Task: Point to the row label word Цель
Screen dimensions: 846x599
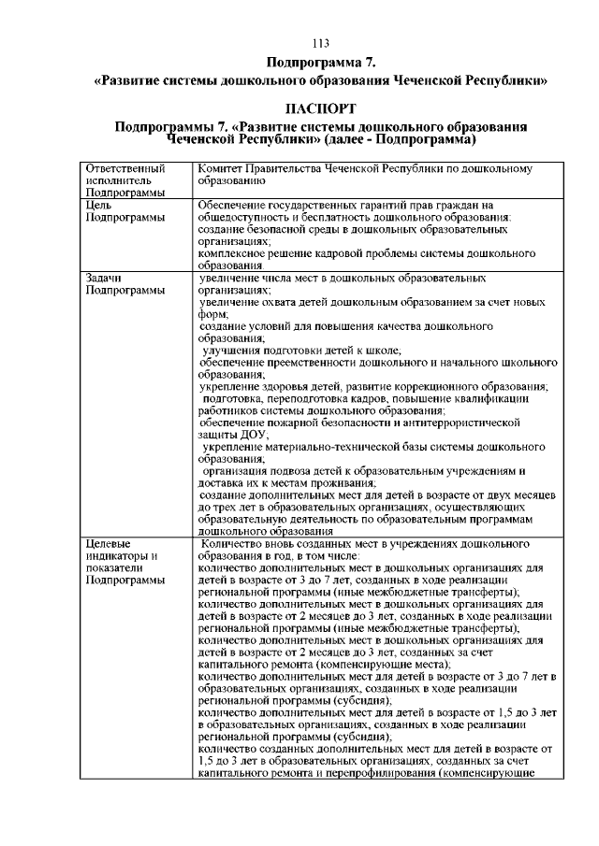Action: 99,205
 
